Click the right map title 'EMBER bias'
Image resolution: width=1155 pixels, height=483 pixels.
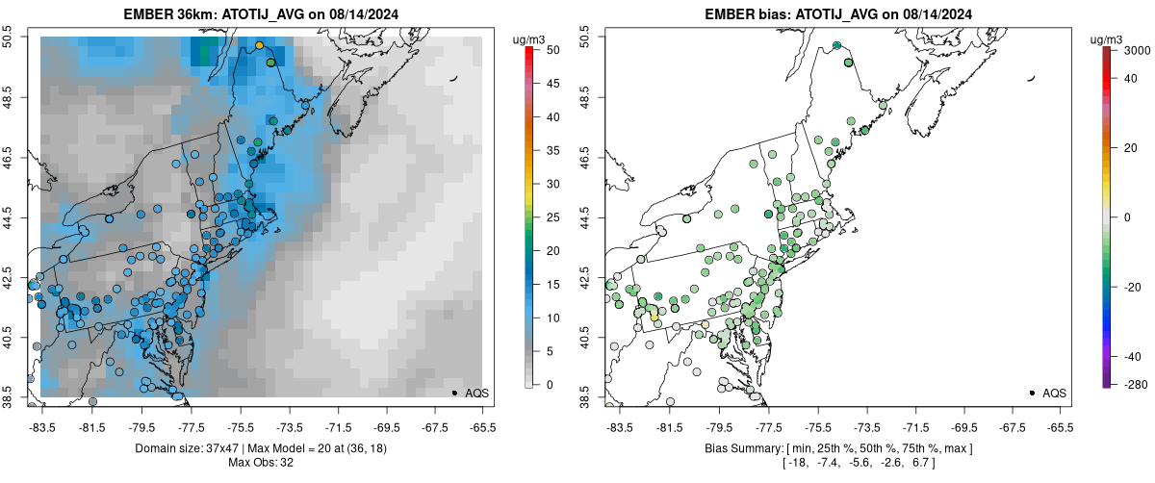click(x=747, y=14)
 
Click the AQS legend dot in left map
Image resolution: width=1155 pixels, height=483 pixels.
click(x=454, y=393)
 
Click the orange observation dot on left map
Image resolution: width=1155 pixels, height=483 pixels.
click(x=259, y=45)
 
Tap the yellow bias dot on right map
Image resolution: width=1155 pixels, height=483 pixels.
click(x=654, y=316)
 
